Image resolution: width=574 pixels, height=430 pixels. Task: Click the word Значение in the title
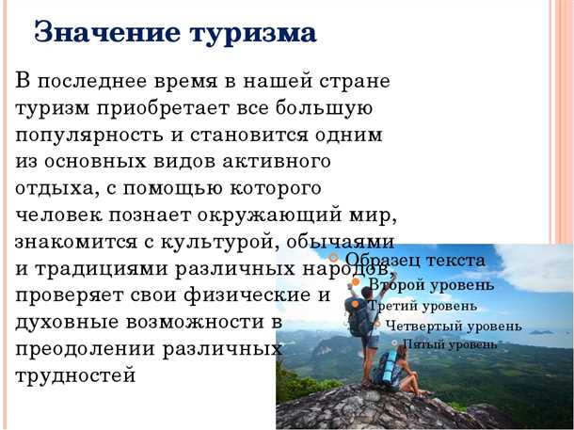[104, 33]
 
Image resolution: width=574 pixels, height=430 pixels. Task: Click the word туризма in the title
[253, 33]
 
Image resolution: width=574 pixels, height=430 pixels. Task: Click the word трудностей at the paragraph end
[75, 375]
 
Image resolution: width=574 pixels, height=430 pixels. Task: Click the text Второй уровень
[430, 283]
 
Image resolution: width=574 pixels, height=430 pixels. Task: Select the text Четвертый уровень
[453, 326]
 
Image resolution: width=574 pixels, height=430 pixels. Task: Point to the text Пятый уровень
[450, 344]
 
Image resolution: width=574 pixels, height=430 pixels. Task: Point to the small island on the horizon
[540, 331]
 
